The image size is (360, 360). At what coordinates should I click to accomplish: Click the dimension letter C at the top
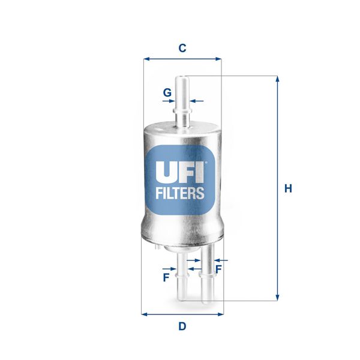click(x=182, y=49)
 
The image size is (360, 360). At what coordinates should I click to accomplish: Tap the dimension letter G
click(x=167, y=92)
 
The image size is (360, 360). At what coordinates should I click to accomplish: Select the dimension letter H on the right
click(x=288, y=188)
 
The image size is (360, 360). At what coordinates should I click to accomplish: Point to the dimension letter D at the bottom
click(x=182, y=326)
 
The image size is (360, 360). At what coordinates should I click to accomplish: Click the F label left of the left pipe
click(x=165, y=277)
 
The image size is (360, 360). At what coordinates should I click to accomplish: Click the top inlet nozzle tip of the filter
click(x=182, y=79)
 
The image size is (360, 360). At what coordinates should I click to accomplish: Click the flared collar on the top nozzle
click(x=182, y=112)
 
